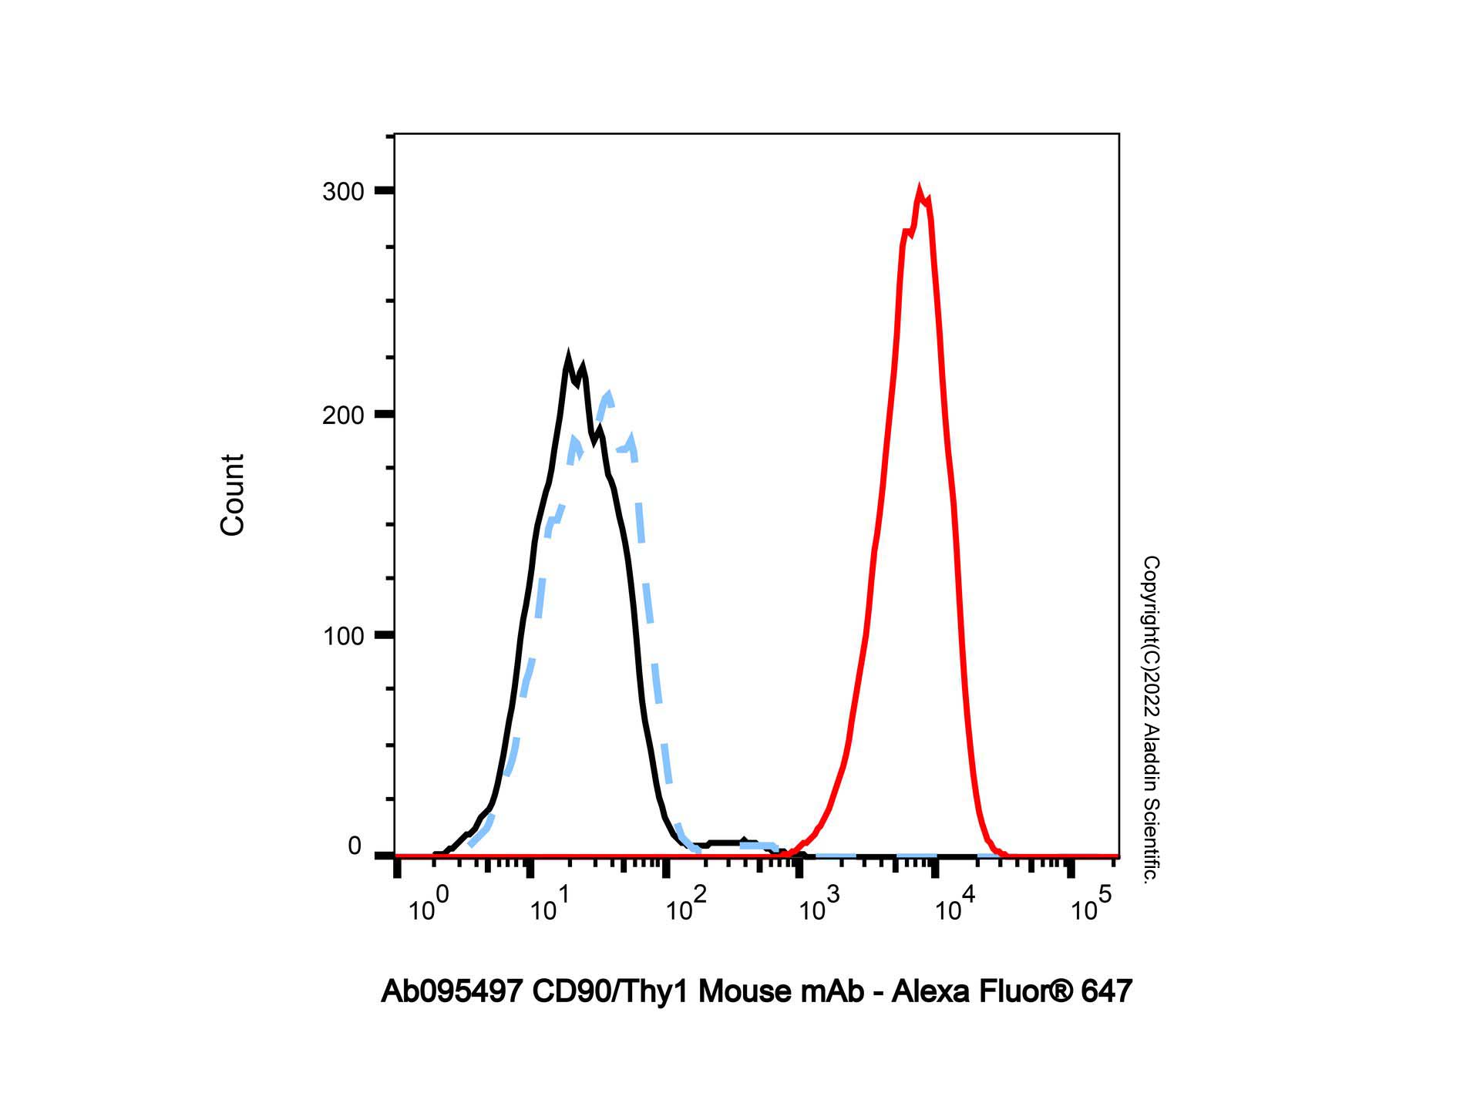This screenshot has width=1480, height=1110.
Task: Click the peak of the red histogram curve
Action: point(918,190)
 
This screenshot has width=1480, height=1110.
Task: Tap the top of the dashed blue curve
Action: point(609,394)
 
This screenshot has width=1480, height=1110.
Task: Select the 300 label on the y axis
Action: point(343,192)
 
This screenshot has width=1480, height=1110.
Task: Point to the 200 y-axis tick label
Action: point(343,415)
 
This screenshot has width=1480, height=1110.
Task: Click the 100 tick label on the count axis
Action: point(343,637)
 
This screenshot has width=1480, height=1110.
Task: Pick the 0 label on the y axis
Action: point(355,846)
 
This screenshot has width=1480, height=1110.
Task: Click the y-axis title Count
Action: point(232,495)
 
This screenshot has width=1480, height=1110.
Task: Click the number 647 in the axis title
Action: point(1106,991)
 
